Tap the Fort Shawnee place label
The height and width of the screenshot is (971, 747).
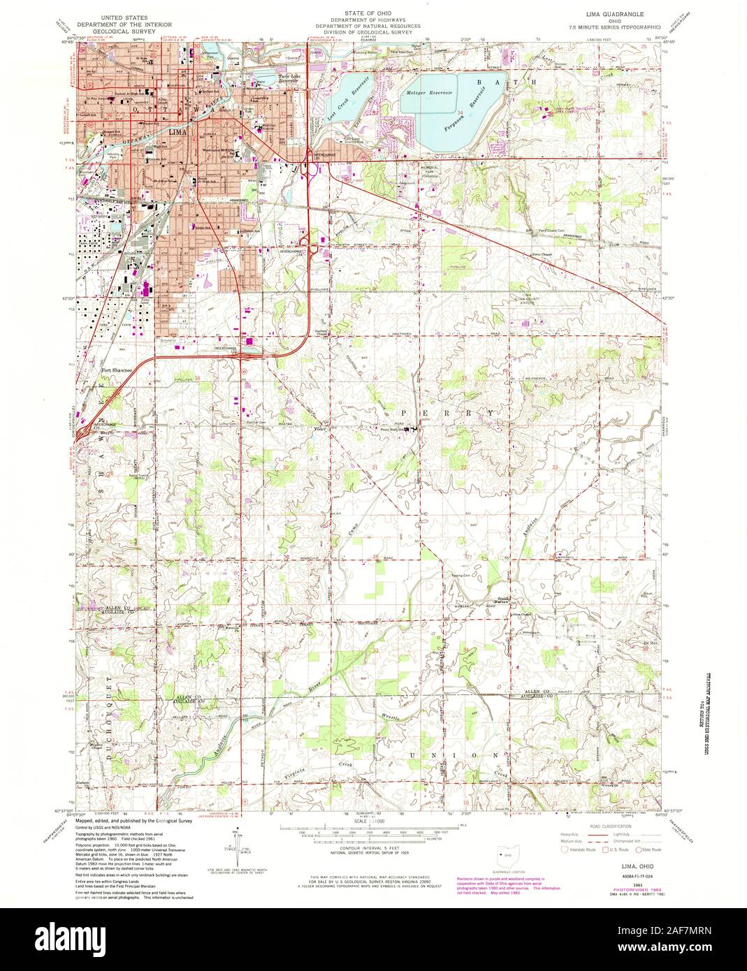click(116, 370)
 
